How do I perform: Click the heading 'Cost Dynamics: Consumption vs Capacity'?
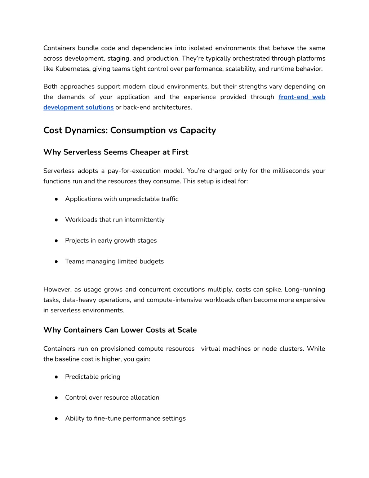point(129,130)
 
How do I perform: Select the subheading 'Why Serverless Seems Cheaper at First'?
point(116,152)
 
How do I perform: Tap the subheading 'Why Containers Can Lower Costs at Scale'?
point(120,330)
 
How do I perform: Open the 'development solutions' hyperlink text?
point(78,108)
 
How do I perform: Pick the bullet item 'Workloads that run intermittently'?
point(115,220)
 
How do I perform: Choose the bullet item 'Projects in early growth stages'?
point(111,241)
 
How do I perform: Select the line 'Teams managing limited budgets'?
point(114,262)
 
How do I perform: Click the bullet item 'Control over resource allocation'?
point(112,398)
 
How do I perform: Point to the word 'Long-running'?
point(304,290)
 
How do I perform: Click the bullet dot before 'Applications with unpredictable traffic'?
point(56,199)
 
